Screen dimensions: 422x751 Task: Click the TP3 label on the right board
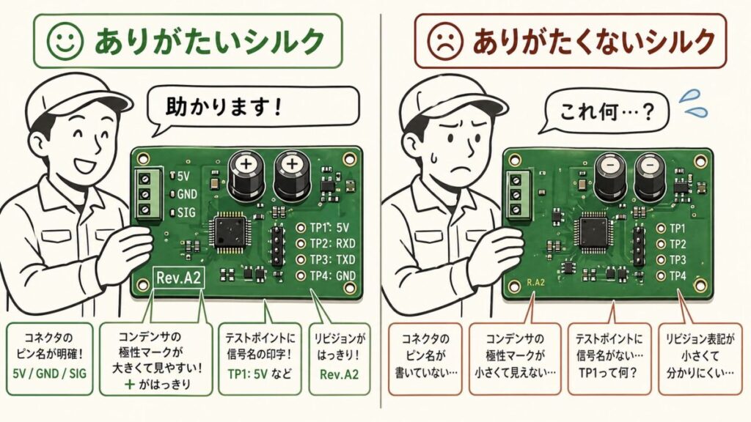pos(676,260)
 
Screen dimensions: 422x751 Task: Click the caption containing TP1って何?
pos(607,371)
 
